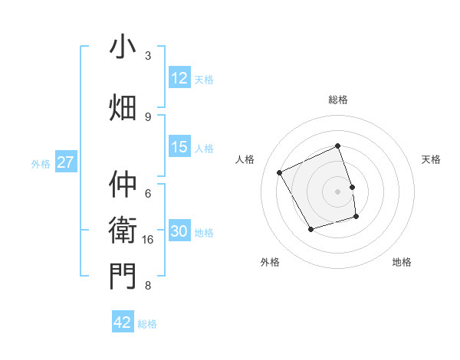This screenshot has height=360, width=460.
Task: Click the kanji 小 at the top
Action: point(123,47)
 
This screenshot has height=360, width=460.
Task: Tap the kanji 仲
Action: point(123,185)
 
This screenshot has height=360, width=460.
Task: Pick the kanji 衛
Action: point(123,230)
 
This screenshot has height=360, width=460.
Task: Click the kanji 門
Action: point(123,276)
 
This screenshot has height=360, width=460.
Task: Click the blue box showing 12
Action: point(179,78)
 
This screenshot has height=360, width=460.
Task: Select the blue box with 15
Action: point(179,147)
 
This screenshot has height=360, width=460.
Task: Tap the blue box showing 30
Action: point(179,232)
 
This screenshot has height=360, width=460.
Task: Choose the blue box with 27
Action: point(65,162)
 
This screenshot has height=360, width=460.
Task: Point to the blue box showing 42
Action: point(123,322)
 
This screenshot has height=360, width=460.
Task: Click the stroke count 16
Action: point(149,240)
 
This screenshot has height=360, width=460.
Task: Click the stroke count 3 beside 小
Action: point(148,56)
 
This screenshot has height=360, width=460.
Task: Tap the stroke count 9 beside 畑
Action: point(148,116)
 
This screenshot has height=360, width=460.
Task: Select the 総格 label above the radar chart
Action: point(338,100)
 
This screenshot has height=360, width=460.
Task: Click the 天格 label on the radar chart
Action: point(432,159)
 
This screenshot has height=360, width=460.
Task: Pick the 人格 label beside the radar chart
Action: point(245,159)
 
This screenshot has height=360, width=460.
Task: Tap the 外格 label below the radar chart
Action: point(270,262)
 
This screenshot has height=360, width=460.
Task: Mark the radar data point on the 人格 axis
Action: point(280,173)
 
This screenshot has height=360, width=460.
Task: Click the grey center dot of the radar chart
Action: point(338,191)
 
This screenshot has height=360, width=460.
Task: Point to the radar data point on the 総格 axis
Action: point(338,146)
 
